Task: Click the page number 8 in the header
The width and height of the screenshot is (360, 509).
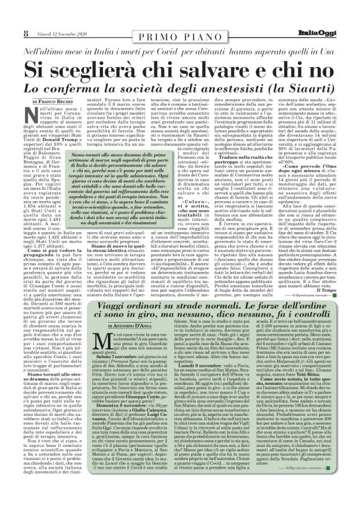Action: (10, 7)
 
